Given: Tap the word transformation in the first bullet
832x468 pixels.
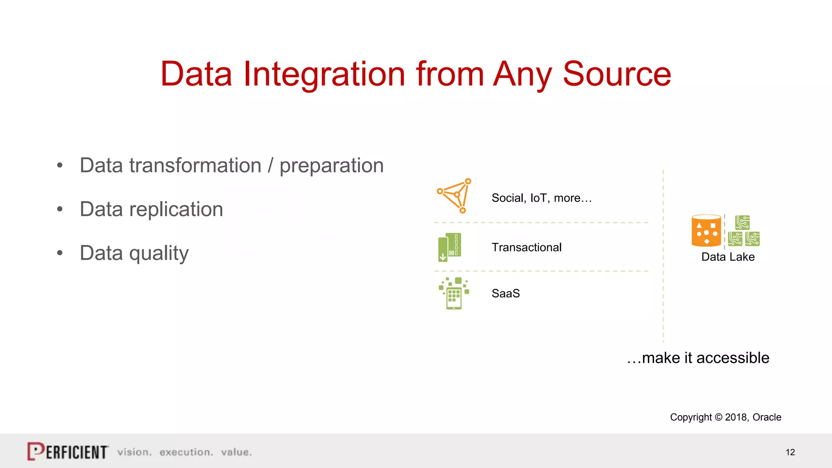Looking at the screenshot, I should (x=195, y=166).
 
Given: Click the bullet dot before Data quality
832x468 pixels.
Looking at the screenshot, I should (x=60, y=253).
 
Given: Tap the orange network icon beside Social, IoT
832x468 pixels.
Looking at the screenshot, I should (x=455, y=195).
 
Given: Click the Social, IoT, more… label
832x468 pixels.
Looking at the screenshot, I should (x=542, y=198).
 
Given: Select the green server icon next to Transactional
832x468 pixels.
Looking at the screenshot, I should (x=449, y=247).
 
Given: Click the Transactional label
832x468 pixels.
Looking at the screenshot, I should (x=526, y=247).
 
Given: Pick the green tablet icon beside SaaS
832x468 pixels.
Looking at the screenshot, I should (x=454, y=294).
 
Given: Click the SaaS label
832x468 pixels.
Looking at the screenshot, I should (x=505, y=293).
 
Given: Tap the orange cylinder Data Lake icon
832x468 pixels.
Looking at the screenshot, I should (x=706, y=231).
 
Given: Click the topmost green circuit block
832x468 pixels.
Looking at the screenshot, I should (x=742, y=222).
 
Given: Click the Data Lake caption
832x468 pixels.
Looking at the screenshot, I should (x=728, y=257).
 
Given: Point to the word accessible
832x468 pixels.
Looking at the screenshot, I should (x=732, y=358).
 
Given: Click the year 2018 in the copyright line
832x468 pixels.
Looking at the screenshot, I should (x=736, y=417).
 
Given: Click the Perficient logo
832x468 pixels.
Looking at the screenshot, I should (x=68, y=451).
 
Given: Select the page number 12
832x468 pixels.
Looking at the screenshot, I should (x=790, y=452).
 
